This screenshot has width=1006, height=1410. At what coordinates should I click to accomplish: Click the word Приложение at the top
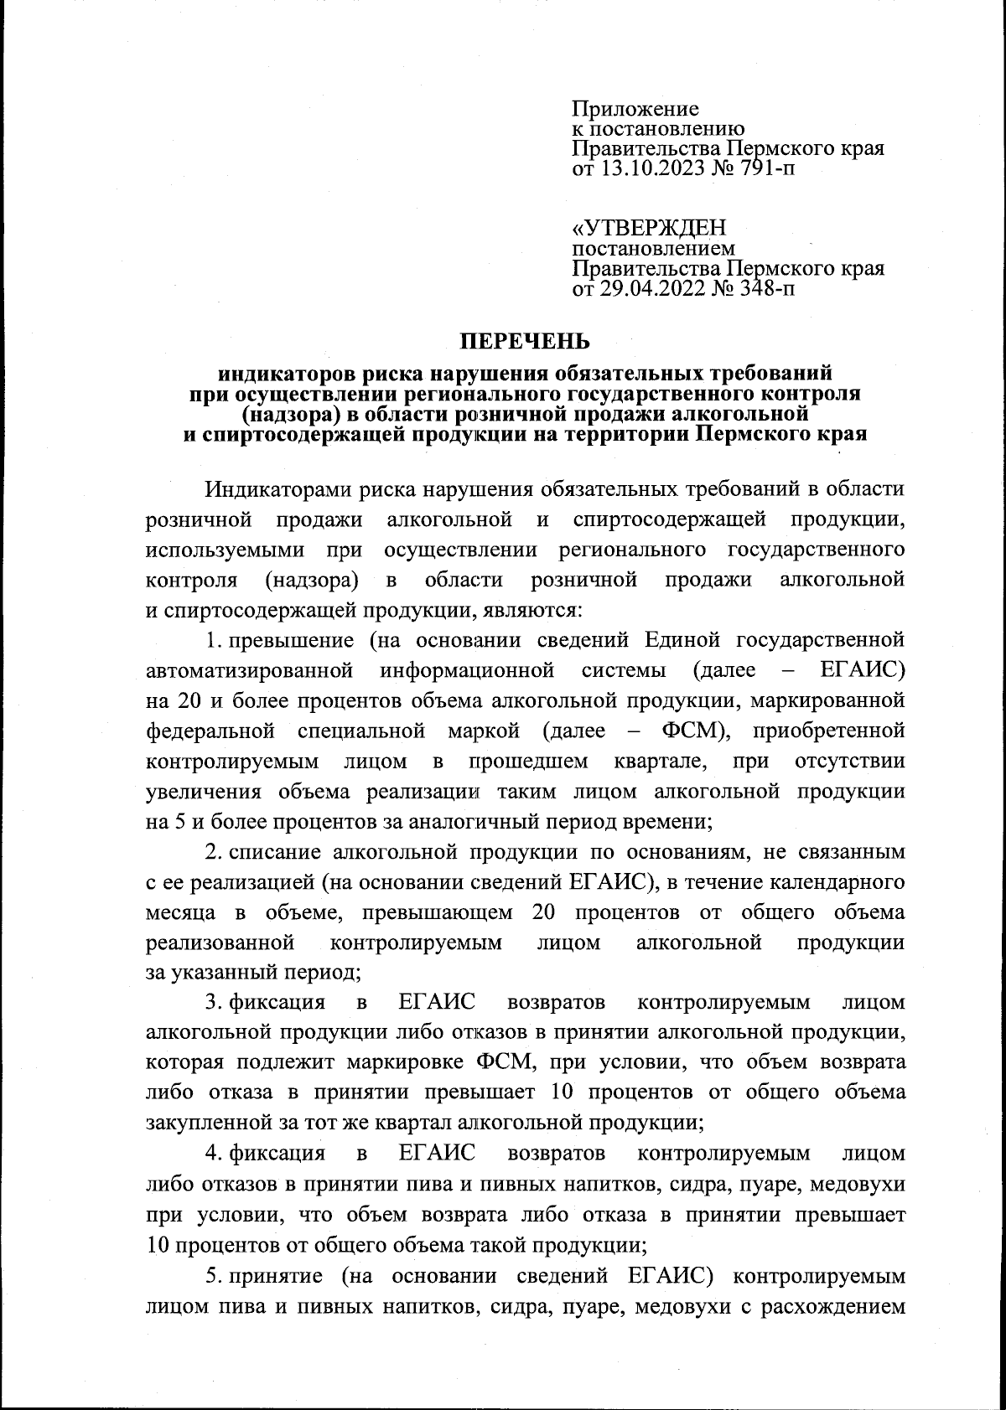[635, 109]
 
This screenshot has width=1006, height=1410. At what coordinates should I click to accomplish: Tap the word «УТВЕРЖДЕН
[649, 228]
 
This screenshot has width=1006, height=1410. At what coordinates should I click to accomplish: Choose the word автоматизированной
[247, 670]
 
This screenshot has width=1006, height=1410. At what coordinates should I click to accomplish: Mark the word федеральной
[210, 731]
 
